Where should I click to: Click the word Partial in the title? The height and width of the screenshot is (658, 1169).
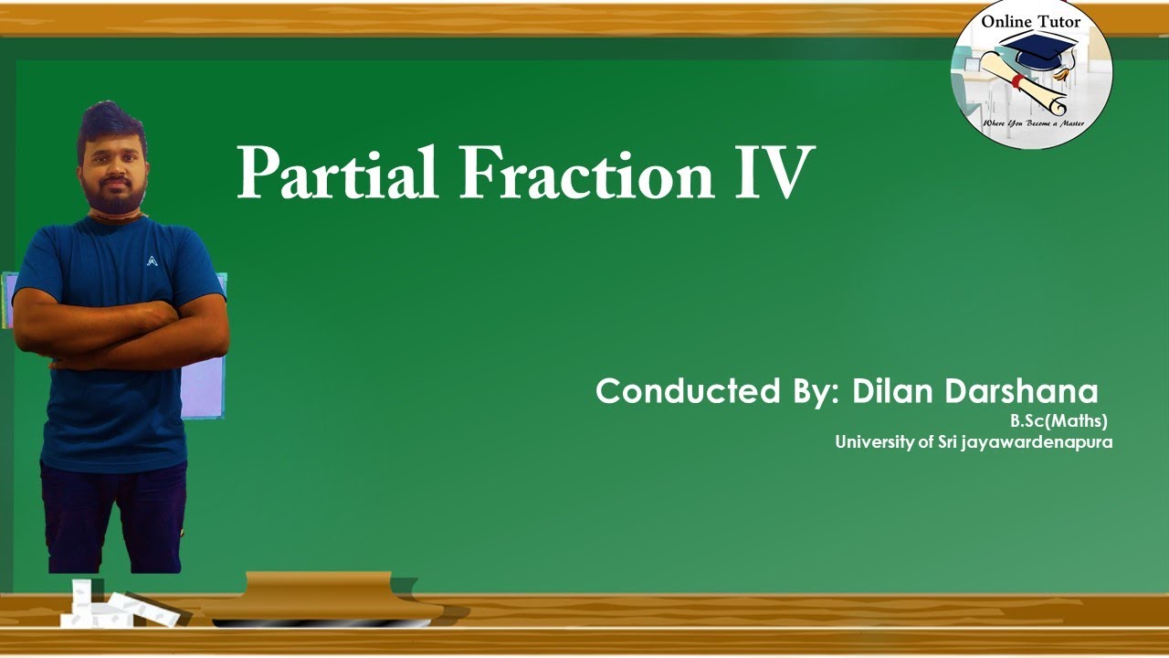click(x=338, y=173)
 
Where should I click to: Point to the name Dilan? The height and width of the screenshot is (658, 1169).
click(x=891, y=391)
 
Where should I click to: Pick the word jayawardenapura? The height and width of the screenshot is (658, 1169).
click(x=1037, y=442)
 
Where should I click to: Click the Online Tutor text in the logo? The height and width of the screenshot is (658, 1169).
click(x=1031, y=22)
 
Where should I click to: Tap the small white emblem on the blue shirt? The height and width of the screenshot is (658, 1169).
click(x=152, y=260)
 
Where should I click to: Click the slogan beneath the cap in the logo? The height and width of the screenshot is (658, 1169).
click(x=1032, y=121)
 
